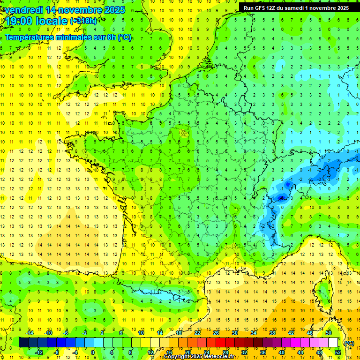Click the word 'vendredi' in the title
pyautogui.click(x=22, y=10)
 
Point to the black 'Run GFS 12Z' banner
pyautogui.click(x=296, y=8)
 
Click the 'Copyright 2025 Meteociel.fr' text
pyautogui.click(x=199, y=357)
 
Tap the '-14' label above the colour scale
pyautogui.click(x=30, y=333)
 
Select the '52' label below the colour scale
pyautogui.click(x=338, y=352)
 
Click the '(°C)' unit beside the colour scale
pyautogui.click(x=349, y=343)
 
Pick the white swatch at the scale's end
pyautogui.click(x=333, y=343)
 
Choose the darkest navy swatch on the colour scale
pyautogui.click(x=23, y=343)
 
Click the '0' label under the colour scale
pyautogui.click(x=92, y=352)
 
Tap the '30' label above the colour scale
pyautogui.click(x=234, y=333)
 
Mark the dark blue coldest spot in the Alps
pyautogui.click(x=281, y=198)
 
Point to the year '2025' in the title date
pyautogui.click(x=114, y=10)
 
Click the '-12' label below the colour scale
pyautogui.click(x=39, y=352)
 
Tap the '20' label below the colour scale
pyautogui.click(x=187, y=352)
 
